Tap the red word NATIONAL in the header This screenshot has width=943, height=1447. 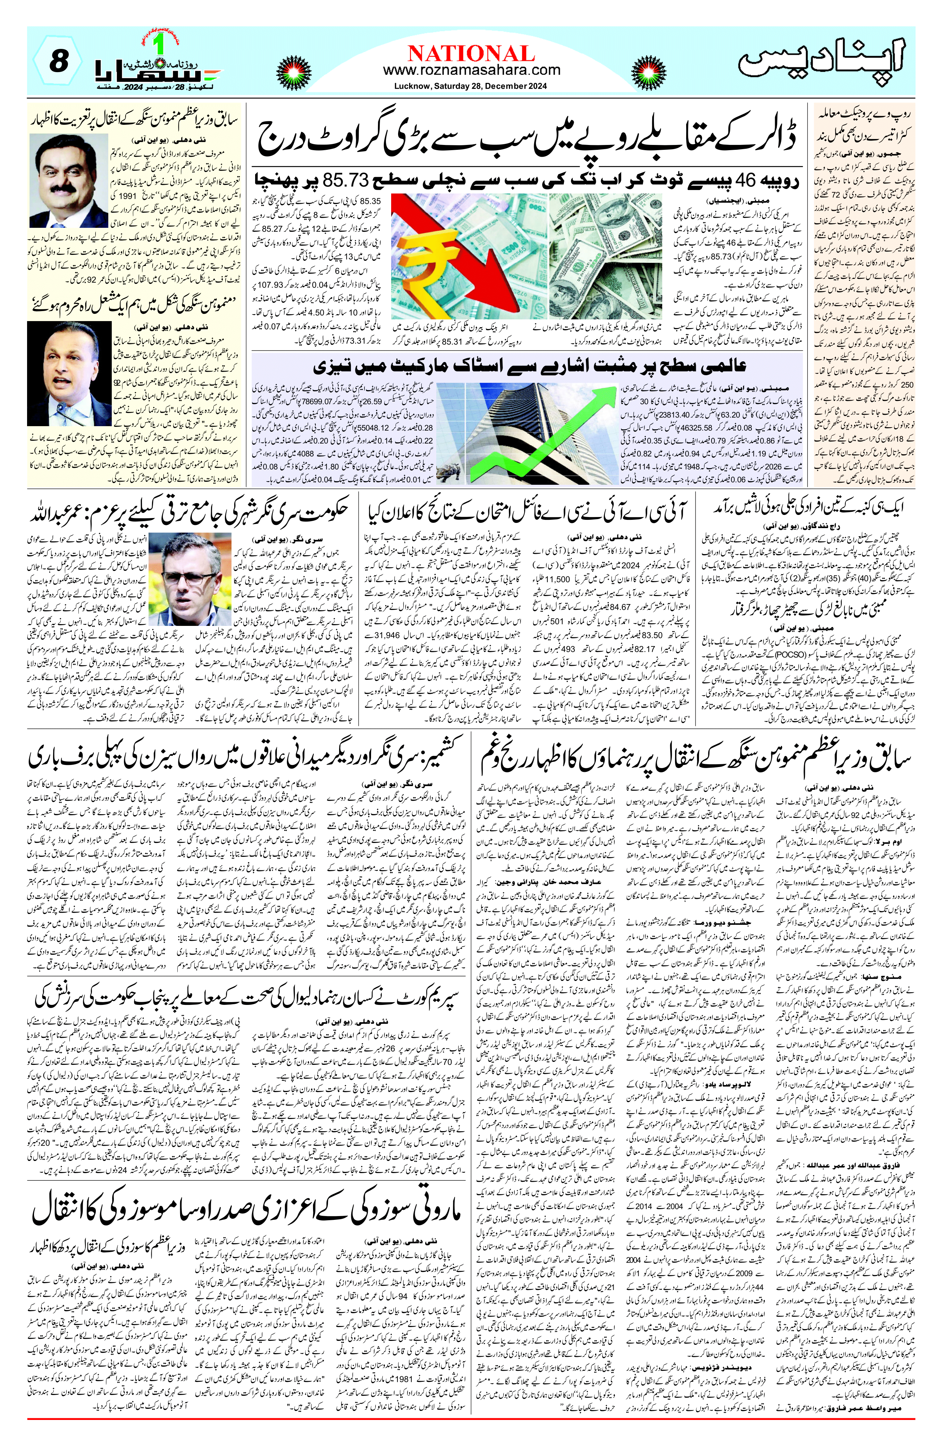coord(471,53)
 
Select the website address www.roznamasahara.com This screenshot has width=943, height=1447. coord(471,70)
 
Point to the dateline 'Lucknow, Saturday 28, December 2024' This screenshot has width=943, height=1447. coord(470,86)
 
